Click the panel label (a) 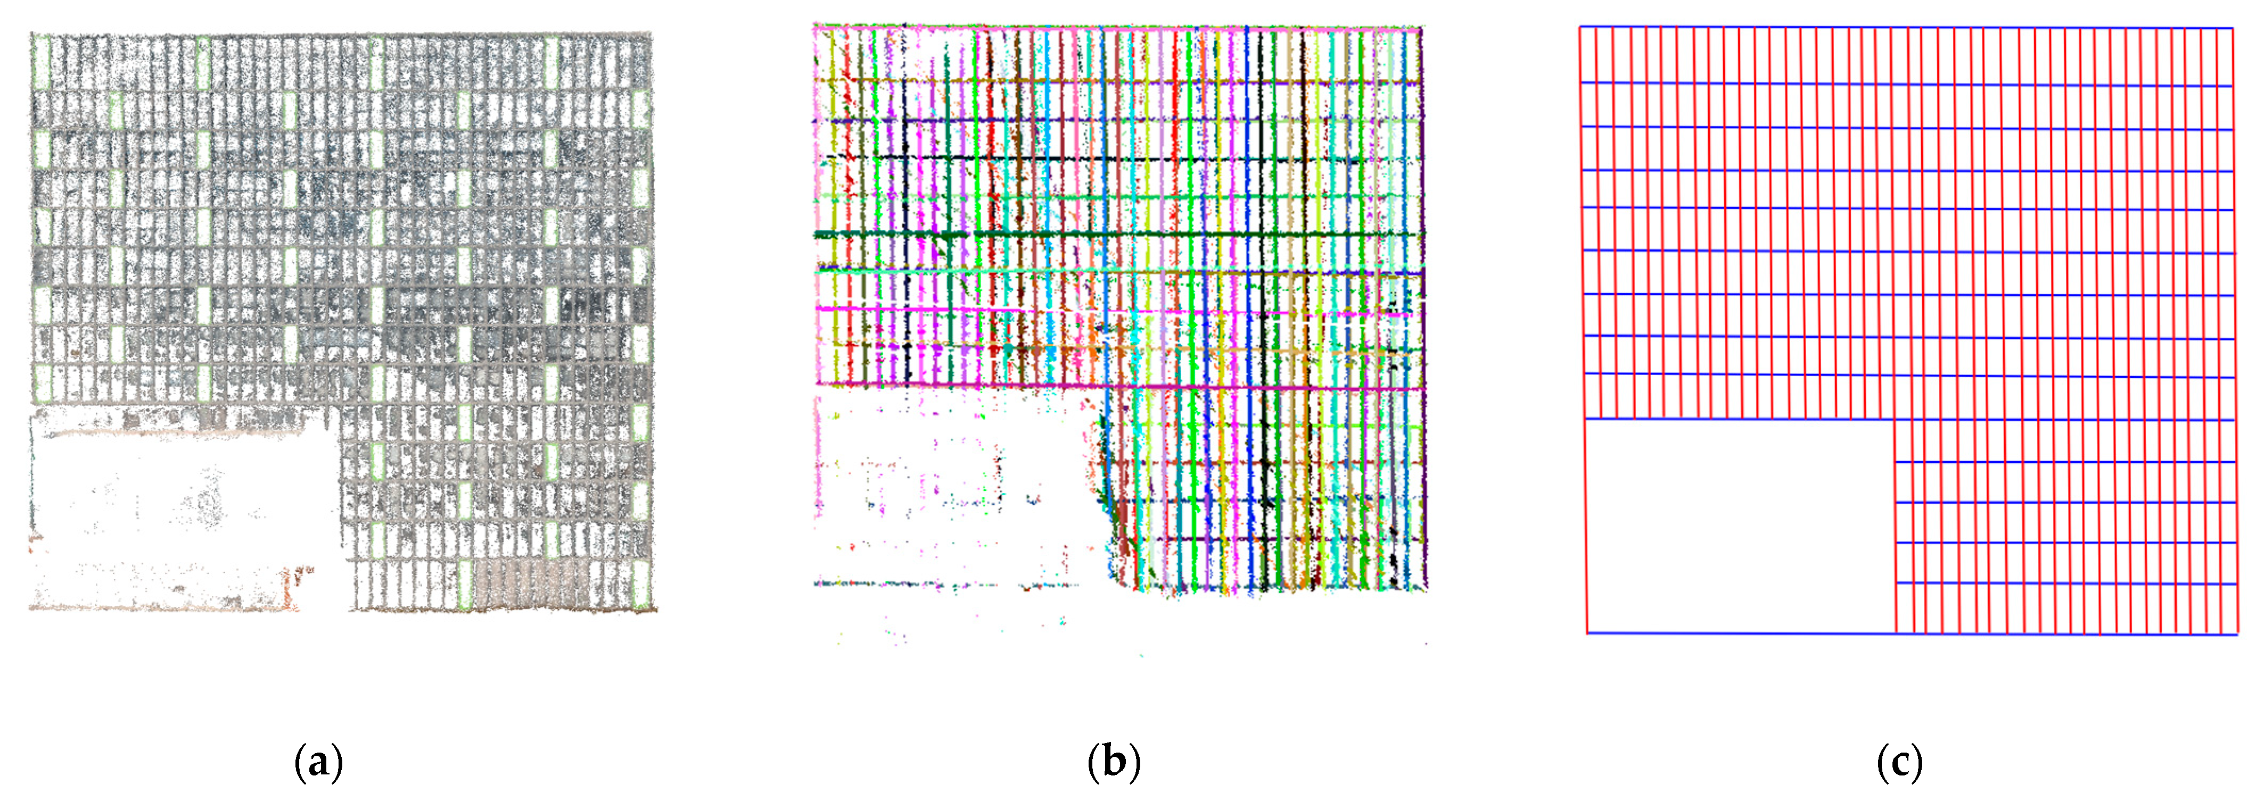[x=318, y=763]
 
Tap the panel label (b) [x=1113, y=763]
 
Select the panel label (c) [x=1899, y=763]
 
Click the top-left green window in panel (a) [x=40, y=60]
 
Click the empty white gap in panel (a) [x=175, y=508]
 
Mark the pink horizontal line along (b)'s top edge [x=1112, y=28]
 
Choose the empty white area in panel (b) [x=946, y=490]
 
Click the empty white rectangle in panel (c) [x=1739, y=525]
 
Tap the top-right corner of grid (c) [x=2233, y=28]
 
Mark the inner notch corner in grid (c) [x=1895, y=419]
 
